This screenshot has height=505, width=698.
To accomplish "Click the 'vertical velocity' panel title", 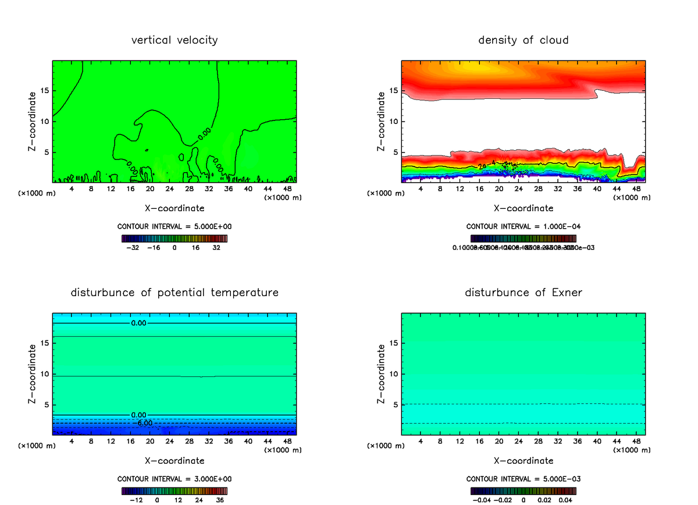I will click(x=174, y=40).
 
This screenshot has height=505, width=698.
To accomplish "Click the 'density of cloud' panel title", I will click(x=523, y=40).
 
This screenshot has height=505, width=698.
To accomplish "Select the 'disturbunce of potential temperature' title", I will click(x=174, y=292).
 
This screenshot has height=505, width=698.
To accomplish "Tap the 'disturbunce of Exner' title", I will click(x=523, y=292).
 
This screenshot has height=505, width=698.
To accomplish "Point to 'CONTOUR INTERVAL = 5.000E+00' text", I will click(x=174, y=226).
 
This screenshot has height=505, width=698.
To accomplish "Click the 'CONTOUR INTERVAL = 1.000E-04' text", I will click(x=523, y=226).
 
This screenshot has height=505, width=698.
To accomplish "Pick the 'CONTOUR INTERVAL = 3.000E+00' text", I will click(x=174, y=479).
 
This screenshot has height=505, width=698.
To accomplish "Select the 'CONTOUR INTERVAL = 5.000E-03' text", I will click(x=523, y=479).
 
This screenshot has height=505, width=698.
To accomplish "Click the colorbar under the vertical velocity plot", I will click(x=174, y=239).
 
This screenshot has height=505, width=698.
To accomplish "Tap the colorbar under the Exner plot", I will click(x=523, y=491).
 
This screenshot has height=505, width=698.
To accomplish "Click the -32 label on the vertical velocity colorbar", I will click(x=136, y=247).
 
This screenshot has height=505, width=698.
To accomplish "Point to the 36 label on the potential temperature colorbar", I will click(x=219, y=499).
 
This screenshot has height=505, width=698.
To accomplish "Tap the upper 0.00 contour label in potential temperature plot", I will click(x=139, y=323).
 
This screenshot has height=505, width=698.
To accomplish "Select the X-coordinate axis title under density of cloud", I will click(x=523, y=208).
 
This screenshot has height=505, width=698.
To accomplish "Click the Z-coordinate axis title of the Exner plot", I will click(x=381, y=374).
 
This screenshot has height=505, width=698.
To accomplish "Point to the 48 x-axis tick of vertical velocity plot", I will click(x=287, y=189).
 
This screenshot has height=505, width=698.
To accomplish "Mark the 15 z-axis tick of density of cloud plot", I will click(x=394, y=91).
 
